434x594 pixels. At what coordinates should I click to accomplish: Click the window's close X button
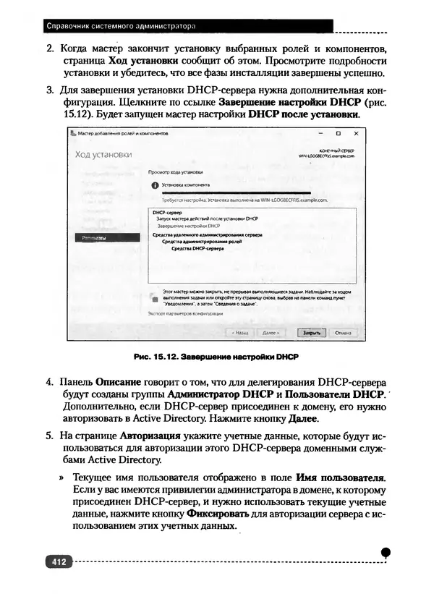355,134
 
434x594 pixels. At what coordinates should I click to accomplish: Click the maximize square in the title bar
337,134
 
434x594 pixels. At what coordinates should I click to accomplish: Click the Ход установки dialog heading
103,155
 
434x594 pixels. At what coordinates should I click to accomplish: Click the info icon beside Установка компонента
154,185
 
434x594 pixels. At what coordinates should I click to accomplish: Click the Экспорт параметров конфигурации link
185,314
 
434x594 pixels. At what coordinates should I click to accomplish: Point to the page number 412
56,561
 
